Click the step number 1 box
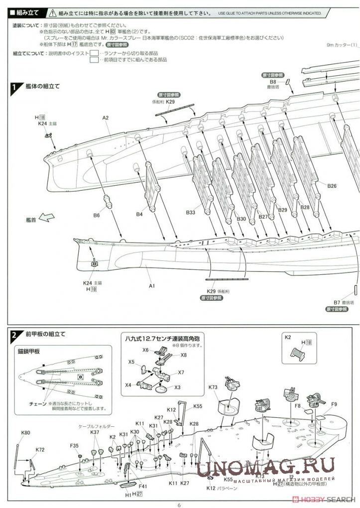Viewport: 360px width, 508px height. pyautogui.click(x=14, y=87)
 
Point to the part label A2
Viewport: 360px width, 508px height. pyautogui.click(x=106, y=118)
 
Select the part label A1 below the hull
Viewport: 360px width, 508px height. pyautogui.click(x=152, y=286)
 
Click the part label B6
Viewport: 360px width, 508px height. pyautogui.click(x=96, y=215)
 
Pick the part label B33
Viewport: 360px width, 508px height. pyautogui.click(x=191, y=213)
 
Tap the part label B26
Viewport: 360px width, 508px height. pyautogui.click(x=332, y=186)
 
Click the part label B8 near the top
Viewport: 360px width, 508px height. pyautogui.click(x=273, y=81)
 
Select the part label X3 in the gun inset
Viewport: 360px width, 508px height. pyautogui.click(x=177, y=387)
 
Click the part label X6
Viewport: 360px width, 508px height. pyautogui.click(x=145, y=350)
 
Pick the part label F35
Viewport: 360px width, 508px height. pyautogui.click(x=75, y=445)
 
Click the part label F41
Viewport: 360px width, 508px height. pyautogui.click(x=143, y=487)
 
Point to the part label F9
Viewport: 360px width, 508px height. pyautogui.click(x=334, y=404)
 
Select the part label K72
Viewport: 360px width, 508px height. pyautogui.click(x=40, y=450)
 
